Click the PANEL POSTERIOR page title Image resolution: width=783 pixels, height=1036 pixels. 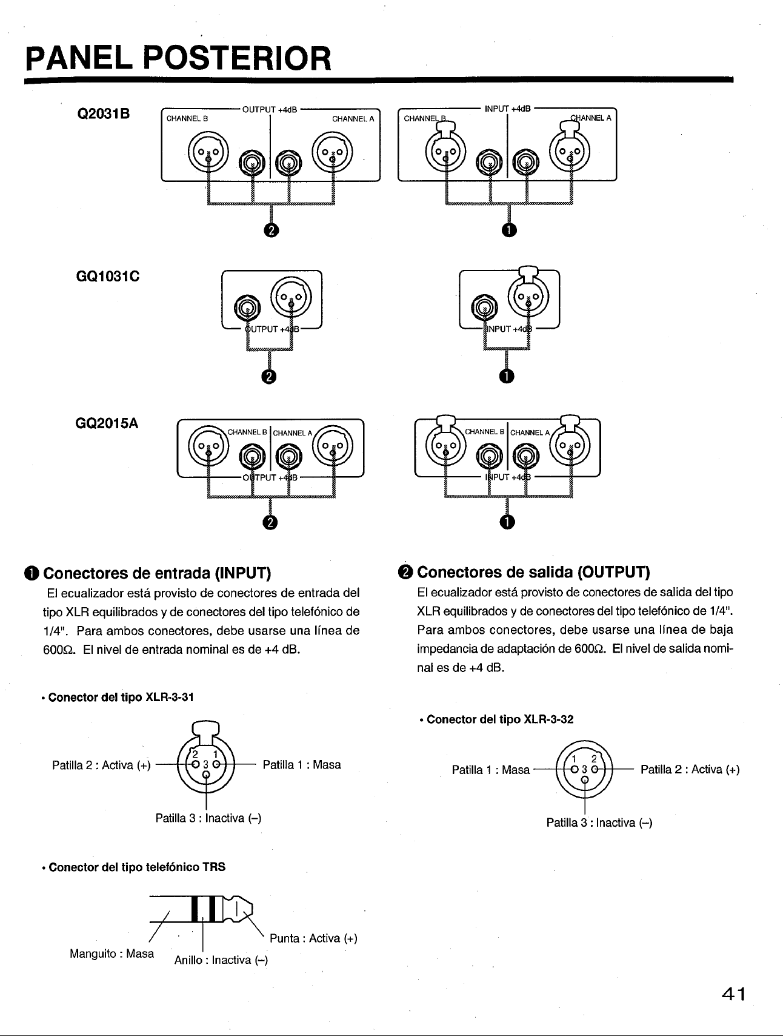(x=179, y=58)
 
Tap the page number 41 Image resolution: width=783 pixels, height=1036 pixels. (x=731, y=995)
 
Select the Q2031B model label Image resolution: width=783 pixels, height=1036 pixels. (x=102, y=114)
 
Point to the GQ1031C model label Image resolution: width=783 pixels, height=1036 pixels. (x=105, y=277)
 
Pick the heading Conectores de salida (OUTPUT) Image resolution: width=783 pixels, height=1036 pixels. (x=525, y=573)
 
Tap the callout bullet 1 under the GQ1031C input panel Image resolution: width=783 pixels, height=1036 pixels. (x=507, y=376)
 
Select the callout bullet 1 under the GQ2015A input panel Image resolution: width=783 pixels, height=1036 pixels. (x=507, y=522)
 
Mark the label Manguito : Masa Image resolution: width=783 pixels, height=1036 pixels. (x=112, y=954)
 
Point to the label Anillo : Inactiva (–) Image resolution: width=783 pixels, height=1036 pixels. (x=221, y=960)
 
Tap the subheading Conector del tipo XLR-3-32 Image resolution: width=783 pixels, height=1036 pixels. (x=496, y=719)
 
